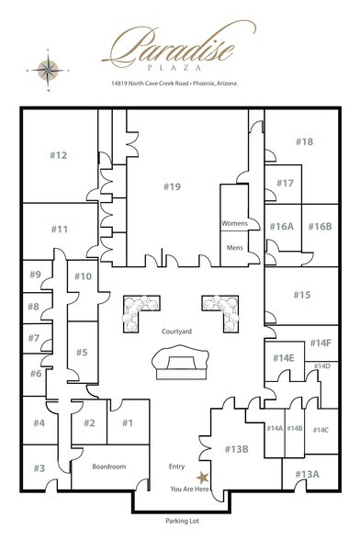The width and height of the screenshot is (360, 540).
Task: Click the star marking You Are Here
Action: coord(202,476)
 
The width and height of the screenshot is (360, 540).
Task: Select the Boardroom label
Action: coord(109,467)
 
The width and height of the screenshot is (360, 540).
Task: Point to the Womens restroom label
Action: coord(235,223)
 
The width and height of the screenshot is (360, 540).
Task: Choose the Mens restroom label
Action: coord(235,247)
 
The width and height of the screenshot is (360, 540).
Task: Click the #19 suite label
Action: coord(173,187)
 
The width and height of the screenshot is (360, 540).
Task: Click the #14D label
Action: coord(321,366)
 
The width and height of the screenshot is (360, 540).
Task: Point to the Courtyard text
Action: coord(175,331)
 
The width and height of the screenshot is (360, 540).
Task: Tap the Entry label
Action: coord(177,466)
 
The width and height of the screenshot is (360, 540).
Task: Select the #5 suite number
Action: coord(82,352)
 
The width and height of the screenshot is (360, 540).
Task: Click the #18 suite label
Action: coord(304,141)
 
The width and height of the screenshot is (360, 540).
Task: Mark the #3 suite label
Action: coord(39,468)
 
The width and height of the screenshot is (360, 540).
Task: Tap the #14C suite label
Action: coord(321,429)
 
